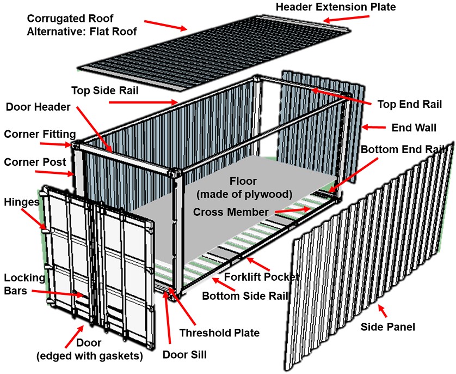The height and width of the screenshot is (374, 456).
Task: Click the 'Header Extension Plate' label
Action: point(336,7)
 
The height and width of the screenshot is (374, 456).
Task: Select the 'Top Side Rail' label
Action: point(104,89)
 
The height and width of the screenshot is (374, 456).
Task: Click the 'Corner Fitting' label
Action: point(40,134)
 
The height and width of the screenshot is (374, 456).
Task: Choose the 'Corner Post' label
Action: point(35,162)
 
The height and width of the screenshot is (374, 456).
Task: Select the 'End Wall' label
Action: point(414,129)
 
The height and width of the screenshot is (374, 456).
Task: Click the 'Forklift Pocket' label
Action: point(262,277)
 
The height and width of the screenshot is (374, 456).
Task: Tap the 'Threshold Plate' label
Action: point(219,332)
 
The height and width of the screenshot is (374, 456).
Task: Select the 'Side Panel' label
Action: point(388,327)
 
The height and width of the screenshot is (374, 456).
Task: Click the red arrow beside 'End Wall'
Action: point(374,128)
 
